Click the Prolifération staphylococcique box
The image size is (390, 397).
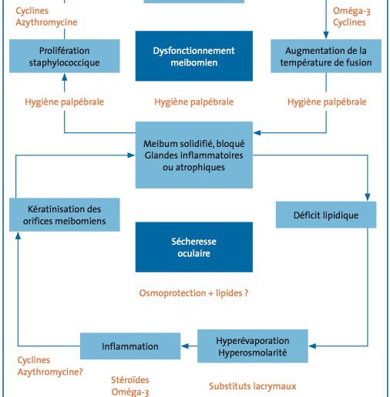click(65, 56)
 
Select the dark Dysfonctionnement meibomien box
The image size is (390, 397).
click(194, 56)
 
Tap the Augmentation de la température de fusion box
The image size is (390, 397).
click(326, 56)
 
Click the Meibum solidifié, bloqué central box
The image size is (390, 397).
click(194, 155)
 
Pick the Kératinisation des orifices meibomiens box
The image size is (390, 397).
click(65, 215)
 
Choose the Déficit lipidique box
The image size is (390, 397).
click(326, 215)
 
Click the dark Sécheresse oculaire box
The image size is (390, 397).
click(194, 247)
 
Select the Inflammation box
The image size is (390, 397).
click(130, 346)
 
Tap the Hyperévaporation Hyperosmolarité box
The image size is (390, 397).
click(253, 346)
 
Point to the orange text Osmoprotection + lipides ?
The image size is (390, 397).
click(193, 293)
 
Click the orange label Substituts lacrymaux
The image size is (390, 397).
click(253, 386)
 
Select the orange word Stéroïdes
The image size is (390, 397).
click(130, 380)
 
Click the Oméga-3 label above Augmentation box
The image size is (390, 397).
click(351, 11)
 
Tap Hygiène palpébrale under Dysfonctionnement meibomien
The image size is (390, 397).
click(194, 102)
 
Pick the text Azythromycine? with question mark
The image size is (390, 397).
click(50, 372)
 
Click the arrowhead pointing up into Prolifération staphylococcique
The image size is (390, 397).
click(65, 77)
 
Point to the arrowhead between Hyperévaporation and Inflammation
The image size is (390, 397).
click(185, 346)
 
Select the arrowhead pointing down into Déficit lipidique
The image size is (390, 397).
click(368, 197)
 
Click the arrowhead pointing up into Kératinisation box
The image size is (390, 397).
click(18, 235)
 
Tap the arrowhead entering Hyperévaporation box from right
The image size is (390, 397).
click(312, 346)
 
